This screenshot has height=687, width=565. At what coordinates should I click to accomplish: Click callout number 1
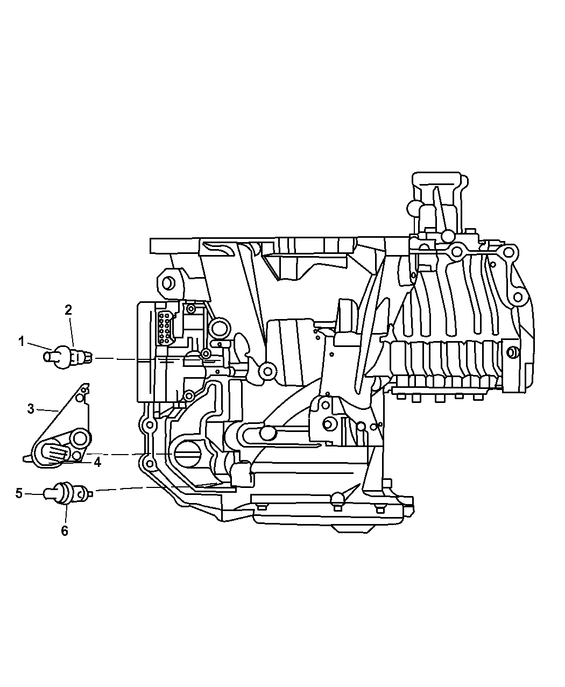(21, 341)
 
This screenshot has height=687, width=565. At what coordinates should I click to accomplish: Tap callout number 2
(68, 310)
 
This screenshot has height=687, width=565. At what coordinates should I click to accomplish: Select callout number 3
(31, 409)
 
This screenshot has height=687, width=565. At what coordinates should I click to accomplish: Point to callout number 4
(97, 462)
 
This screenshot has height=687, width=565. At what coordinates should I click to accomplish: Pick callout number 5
(19, 493)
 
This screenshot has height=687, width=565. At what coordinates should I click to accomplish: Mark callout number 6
(65, 531)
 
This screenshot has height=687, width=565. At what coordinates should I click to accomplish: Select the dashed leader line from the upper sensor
(116, 358)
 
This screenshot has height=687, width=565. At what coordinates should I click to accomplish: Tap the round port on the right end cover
(513, 352)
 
